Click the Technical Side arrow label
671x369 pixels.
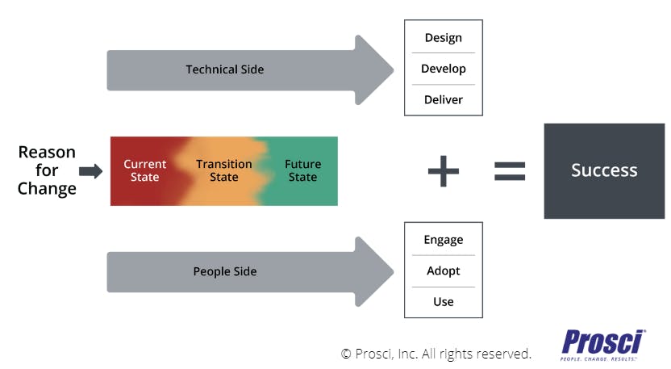pos(224,69)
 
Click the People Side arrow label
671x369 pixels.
pos(224,271)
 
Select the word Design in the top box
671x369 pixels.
pos(443,37)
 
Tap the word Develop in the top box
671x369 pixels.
pos(443,69)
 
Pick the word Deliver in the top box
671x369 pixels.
pos(443,100)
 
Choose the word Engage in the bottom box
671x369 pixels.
pos(443,240)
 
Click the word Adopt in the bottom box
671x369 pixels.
pos(443,270)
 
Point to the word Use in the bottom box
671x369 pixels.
pos(443,302)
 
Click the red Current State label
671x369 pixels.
pos(145,170)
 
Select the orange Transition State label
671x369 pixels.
pos(224,170)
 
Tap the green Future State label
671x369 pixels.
pos(302,170)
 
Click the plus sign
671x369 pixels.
pos(443,170)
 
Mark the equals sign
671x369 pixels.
pos(510,170)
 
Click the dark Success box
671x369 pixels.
pos(604,170)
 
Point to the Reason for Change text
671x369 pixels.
pos(47,170)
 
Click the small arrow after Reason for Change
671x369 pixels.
pos(90,171)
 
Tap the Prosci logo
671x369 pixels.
pos(604,343)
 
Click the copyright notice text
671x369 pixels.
pos(436,354)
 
